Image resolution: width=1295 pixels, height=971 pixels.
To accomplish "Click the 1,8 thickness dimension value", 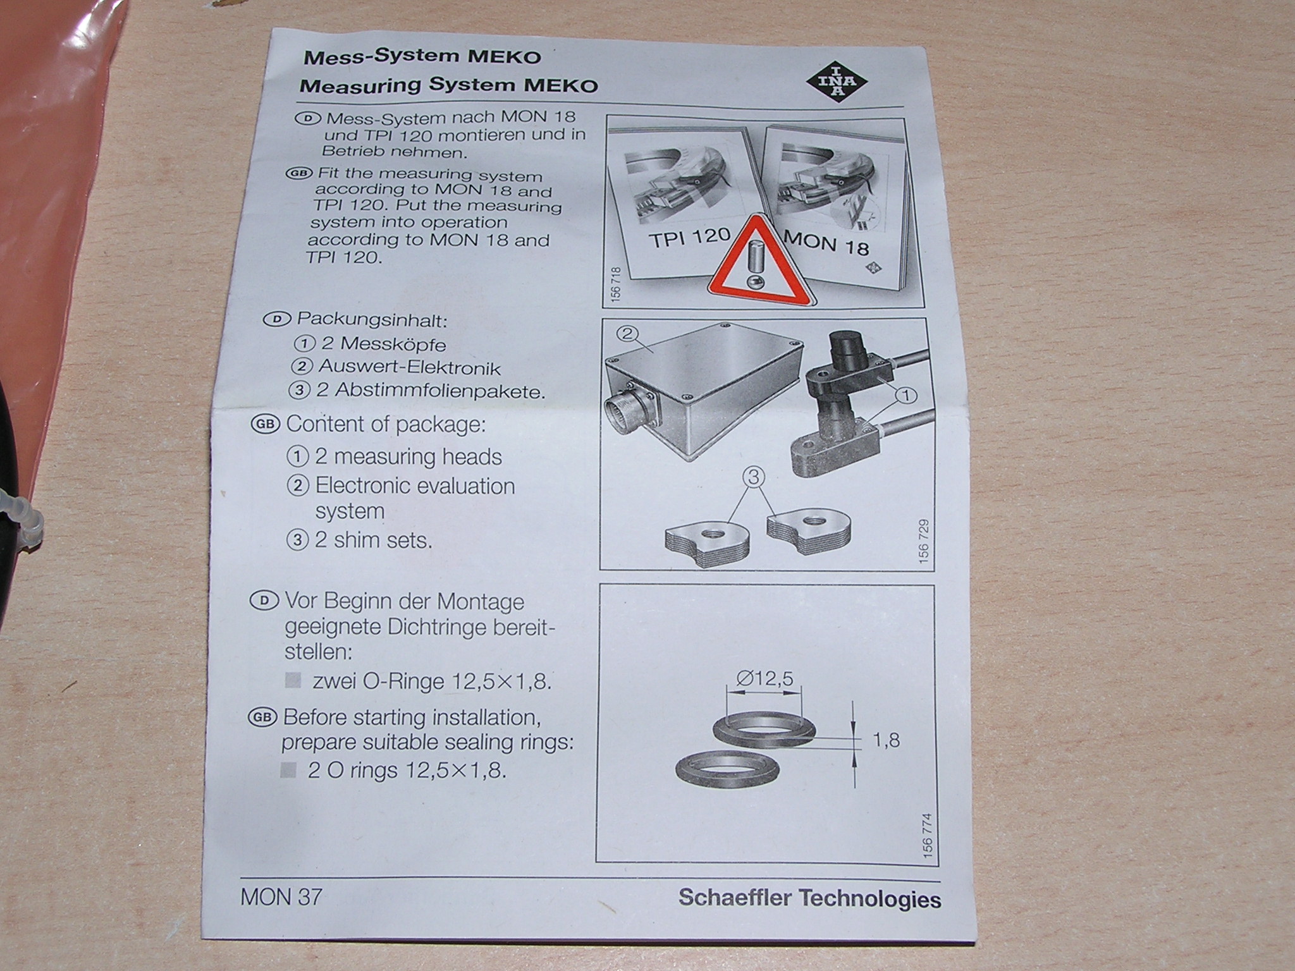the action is (885, 740).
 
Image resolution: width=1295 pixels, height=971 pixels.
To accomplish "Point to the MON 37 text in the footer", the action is (281, 896).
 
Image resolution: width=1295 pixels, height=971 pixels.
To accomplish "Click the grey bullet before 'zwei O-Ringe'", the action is (293, 681).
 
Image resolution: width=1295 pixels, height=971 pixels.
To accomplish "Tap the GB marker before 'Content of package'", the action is (266, 424).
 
